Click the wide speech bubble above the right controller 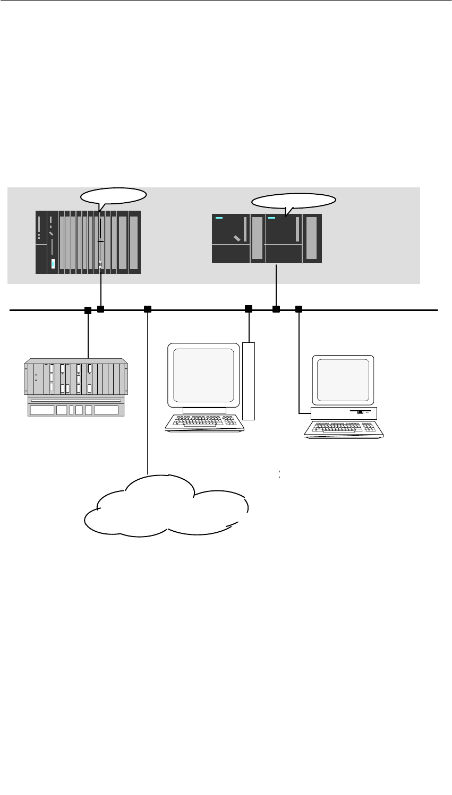pyautogui.click(x=294, y=201)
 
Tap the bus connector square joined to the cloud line pyautogui.click(x=148, y=309)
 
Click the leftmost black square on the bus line pyautogui.click(x=88, y=309)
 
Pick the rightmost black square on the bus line pyautogui.click(x=299, y=309)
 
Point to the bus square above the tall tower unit pyautogui.click(x=248, y=309)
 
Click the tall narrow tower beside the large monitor pyautogui.click(x=249, y=381)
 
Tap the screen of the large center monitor pyautogui.click(x=204, y=375)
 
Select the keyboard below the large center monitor pyautogui.click(x=201, y=421)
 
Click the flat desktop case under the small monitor pyautogui.click(x=344, y=412)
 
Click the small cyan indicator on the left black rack pyautogui.click(x=53, y=264)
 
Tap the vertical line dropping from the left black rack pyautogui.click(x=100, y=289)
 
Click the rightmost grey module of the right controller pyautogui.click(x=312, y=238)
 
